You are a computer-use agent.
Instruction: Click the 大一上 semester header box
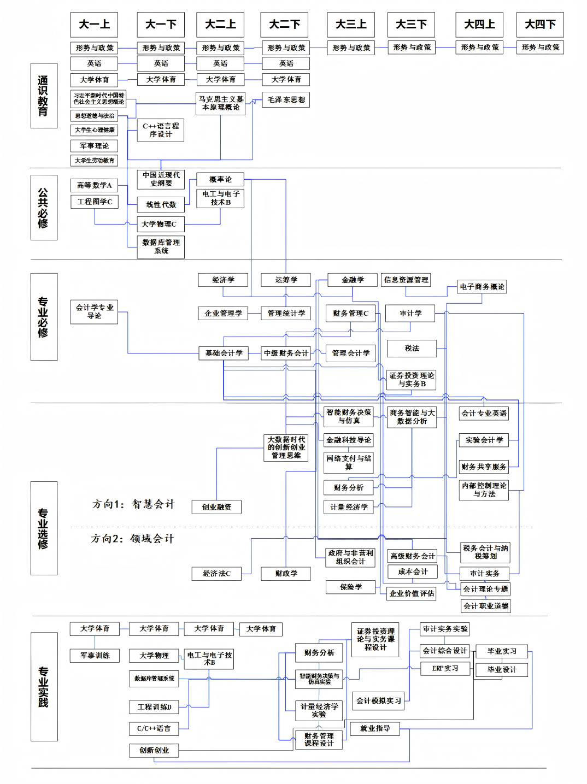94,25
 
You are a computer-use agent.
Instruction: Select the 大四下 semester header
540,25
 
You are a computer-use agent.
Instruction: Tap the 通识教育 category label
43,96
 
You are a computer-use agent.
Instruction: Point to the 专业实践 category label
44,686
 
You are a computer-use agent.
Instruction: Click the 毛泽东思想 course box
286,99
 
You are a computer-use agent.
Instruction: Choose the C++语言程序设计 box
161,130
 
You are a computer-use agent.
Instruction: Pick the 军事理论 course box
94,146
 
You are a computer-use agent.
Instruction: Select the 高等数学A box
94,185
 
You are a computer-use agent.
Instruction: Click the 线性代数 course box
161,204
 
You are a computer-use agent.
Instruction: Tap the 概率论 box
220,179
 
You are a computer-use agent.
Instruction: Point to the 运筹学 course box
286,280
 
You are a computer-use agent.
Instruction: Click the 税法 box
412,348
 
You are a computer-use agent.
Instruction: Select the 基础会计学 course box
224,353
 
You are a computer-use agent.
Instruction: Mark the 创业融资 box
216,507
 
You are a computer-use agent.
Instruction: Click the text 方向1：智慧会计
133,504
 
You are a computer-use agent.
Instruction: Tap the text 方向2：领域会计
132,539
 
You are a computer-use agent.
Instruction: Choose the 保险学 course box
350,587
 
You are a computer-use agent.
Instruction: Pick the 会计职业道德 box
485,606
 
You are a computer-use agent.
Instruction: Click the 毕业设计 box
501,669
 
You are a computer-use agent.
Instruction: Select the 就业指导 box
375,728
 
